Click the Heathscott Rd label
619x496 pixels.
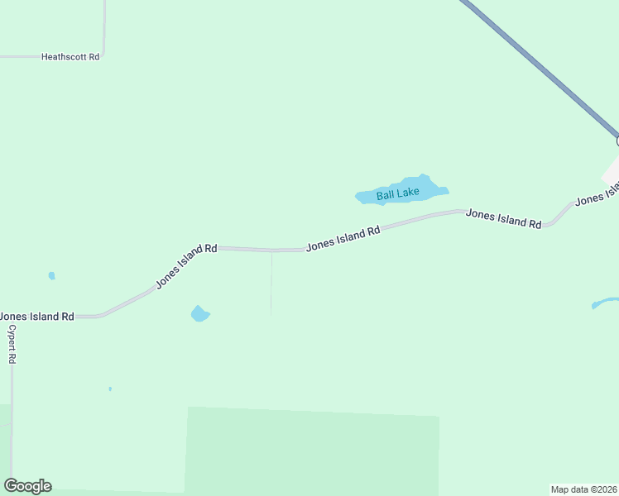(70, 57)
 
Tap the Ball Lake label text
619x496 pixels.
(398, 194)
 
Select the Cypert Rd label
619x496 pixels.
(12, 344)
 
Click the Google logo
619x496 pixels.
(27, 486)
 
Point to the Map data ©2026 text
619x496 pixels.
(583, 489)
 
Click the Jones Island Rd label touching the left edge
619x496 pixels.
(37, 317)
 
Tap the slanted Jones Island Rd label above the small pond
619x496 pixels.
(186, 266)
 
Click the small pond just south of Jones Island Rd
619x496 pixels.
(199, 314)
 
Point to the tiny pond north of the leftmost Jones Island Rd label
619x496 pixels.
(51, 275)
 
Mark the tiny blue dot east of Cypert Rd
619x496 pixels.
(110, 389)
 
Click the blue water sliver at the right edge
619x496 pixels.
(605, 303)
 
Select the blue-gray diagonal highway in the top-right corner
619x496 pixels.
(538, 66)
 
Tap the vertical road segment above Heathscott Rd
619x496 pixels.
(105, 25)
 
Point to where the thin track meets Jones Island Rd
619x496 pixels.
(271, 250)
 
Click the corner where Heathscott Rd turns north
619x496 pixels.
(104, 56)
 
